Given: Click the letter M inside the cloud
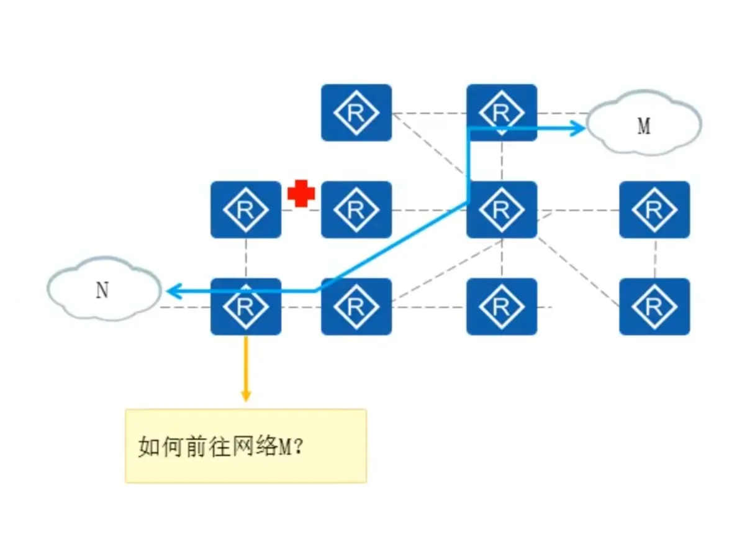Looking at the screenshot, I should (644, 127).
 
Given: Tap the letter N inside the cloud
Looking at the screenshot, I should (102, 291).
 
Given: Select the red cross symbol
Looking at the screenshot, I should (301, 194).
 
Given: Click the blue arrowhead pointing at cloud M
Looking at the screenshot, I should (579, 128).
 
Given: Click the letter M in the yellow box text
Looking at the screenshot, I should (283, 447).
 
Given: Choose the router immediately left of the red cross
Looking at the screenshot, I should (246, 210).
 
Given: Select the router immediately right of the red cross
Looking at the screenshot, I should (356, 210).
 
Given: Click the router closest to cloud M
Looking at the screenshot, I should (502, 112).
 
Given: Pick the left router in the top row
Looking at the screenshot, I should (356, 112).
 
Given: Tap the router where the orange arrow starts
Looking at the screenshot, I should (246, 307).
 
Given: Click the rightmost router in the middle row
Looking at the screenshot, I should (654, 210).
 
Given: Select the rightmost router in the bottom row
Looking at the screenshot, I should (654, 307).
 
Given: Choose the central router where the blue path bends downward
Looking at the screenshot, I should (502, 210).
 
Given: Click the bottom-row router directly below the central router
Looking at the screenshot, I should (502, 307).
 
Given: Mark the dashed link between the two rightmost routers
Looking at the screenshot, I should (655, 259).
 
